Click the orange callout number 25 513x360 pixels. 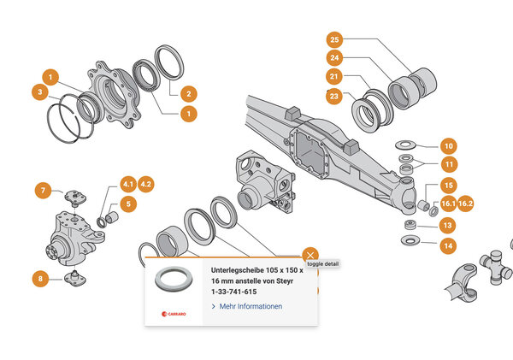pyautogui.click(x=334, y=40)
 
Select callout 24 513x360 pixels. pyautogui.click(x=334, y=59)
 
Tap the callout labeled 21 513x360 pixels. pyautogui.click(x=334, y=78)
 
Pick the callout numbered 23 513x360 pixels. pyautogui.click(x=334, y=97)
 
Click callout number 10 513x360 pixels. pyautogui.click(x=448, y=145)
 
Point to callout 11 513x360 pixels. pyautogui.click(x=448, y=164)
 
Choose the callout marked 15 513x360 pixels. pyautogui.click(x=448, y=185)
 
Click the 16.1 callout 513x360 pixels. pyautogui.click(x=448, y=204)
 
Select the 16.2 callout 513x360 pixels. pyautogui.click(x=467, y=204)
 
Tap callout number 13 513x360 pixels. pyautogui.click(x=448, y=225)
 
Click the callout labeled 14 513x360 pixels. pyautogui.click(x=448, y=245)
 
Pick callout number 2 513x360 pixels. pyautogui.click(x=189, y=93)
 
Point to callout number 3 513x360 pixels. pyautogui.click(x=39, y=91)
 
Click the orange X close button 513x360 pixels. pyautogui.click(x=310, y=255)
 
